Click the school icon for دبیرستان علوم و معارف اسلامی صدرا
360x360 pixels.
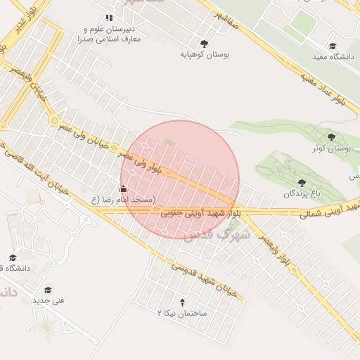click(x=108, y=18)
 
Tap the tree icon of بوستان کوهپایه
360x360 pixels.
click(x=205, y=43)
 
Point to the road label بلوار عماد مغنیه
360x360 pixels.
click(x=331, y=87)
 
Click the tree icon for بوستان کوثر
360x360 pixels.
click(x=331, y=137)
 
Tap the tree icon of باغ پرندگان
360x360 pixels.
click(x=302, y=183)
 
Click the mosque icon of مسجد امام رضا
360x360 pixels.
click(x=124, y=188)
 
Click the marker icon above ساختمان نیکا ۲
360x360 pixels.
click(x=183, y=302)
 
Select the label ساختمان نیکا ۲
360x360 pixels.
click(x=181, y=312)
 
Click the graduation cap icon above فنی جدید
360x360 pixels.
click(x=48, y=290)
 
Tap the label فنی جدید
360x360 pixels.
click(x=48, y=301)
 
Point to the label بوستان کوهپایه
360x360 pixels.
click(x=205, y=53)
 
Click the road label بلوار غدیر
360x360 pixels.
click(x=18, y=25)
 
